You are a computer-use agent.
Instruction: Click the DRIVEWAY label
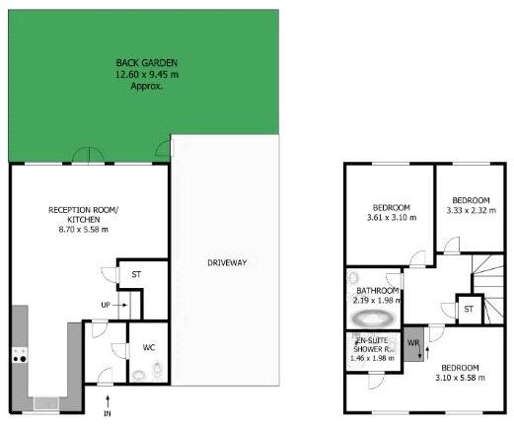coord(226,262)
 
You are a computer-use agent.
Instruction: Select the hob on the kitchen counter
coord(19,358)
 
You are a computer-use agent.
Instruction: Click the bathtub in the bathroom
coord(373,318)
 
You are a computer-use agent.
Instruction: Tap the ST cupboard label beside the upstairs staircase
coord(470,310)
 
